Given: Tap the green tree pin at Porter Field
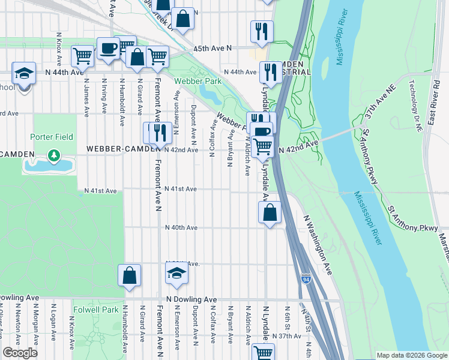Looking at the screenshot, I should point(55,157).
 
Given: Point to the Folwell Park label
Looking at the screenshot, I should point(95,310).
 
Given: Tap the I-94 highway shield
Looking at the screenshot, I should point(306,279).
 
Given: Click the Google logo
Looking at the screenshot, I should point(20,353).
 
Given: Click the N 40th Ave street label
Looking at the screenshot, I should point(181,227).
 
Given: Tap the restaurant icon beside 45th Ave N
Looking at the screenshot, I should point(262,31).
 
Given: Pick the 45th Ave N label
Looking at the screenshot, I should point(212,49).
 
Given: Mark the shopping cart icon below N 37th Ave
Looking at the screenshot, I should point(263,353).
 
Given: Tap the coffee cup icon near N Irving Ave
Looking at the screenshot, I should point(108,49).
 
